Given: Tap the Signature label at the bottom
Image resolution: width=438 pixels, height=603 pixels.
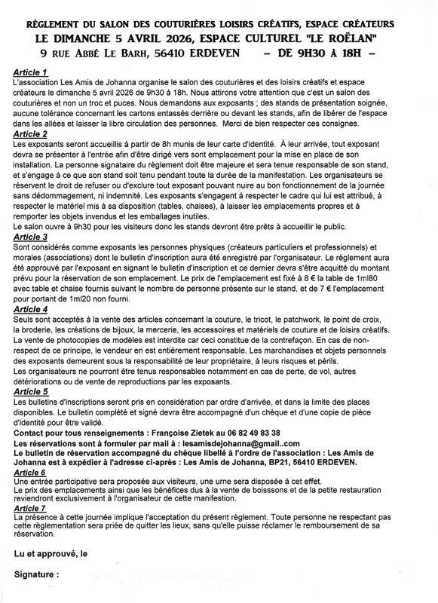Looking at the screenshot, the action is [x=35, y=574].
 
